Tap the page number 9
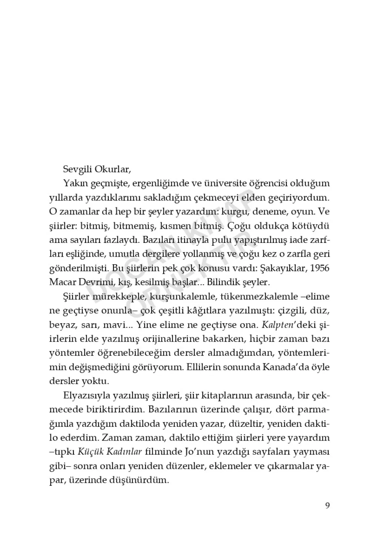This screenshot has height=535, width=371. (x=327, y=506)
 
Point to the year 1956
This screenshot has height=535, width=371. (x=319, y=268)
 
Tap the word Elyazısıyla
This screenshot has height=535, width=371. (x=84, y=396)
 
